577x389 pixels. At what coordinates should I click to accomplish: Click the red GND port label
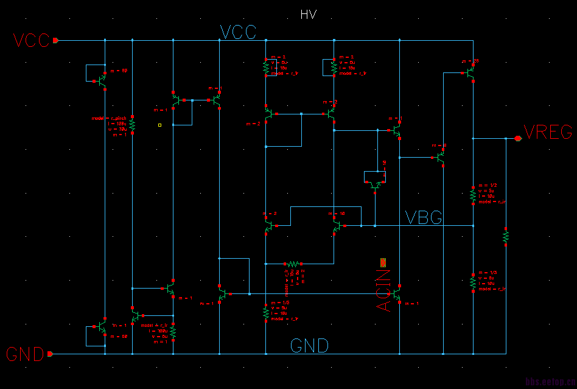click(x=25, y=354)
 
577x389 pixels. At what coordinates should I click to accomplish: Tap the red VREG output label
click(x=548, y=132)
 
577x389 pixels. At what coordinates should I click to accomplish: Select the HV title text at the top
click(x=309, y=15)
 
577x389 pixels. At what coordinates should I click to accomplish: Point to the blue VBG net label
click(x=424, y=218)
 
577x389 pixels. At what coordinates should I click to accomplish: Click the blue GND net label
click(x=309, y=346)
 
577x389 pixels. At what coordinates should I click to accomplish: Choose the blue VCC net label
click(x=238, y=32)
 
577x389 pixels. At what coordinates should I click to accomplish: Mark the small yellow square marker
click(x=159, y=125)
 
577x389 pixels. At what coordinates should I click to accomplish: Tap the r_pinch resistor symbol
click(x=132, y=124)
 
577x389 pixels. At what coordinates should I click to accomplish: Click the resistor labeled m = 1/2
click(x=473, y=194)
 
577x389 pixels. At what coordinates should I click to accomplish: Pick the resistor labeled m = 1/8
click(x=266, y=312)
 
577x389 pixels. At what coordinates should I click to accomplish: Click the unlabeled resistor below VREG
click(x=506, y=236)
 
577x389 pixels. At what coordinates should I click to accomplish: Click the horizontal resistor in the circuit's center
click(x=292, y=264)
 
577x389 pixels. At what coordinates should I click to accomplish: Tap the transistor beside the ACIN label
click(x=397, y=294)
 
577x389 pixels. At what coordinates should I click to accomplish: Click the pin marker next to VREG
click(x=518, y=139)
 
